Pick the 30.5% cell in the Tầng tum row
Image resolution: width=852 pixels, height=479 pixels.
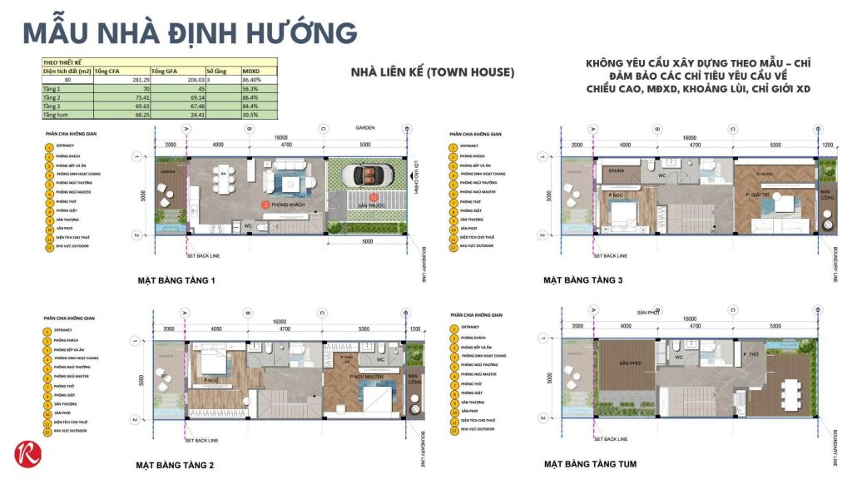coord(250,114)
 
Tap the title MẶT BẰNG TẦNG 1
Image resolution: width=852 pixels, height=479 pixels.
coord(176,281)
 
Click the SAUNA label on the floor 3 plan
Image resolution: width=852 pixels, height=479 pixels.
coord(617,169)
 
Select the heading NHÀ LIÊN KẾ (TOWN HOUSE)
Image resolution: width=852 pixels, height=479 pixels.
coord(433,72)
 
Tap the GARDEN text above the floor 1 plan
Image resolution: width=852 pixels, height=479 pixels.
coord(364,128)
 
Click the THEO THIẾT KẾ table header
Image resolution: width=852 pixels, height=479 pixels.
coord(64,62)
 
